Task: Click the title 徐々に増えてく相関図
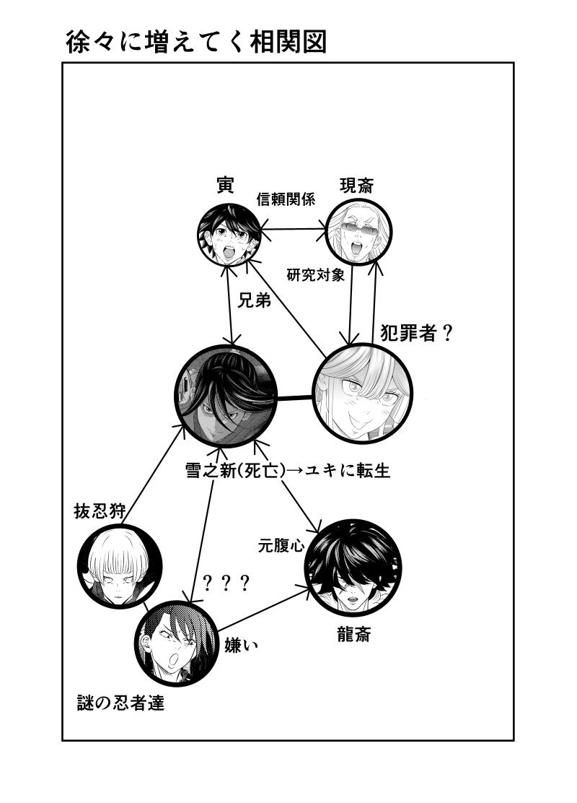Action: click(x=196, y=42)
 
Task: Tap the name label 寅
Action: click(x=225, y=185)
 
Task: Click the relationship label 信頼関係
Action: click(x=286, y=200)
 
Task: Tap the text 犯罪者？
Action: click(x=416, y=333)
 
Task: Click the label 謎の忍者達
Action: click(x=120, y=702)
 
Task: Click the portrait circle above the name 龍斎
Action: click(x=353, y=567)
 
